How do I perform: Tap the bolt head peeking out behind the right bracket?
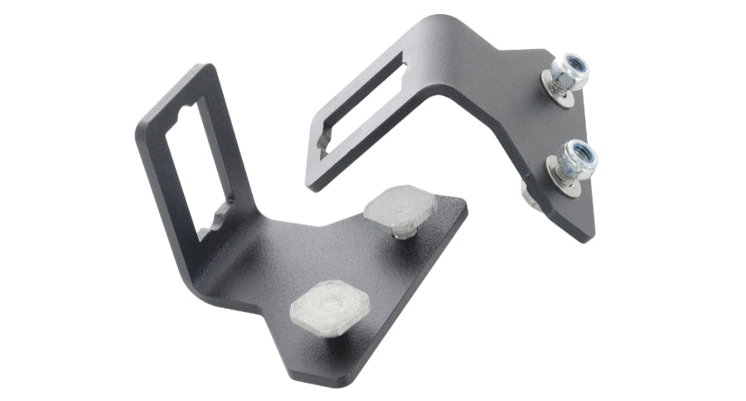(527, 193)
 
